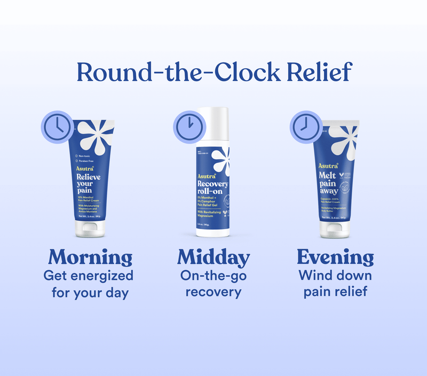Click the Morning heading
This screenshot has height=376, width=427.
[x=90, y=257]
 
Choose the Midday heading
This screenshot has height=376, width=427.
[x=213, y=257]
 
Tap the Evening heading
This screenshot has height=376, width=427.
[x=335, y=257]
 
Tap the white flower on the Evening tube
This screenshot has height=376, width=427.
[x=341, y=142]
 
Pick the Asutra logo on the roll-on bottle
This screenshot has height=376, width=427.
[x=207, y=176]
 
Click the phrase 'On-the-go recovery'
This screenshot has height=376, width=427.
[x=213, y=284]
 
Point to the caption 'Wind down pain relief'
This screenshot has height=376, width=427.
[x=335, y=284]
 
